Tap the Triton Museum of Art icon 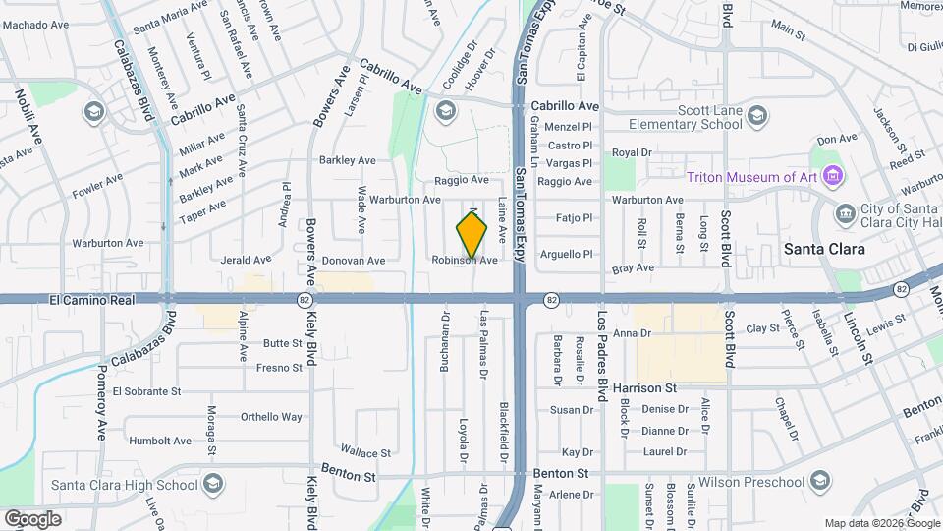click(834, 177)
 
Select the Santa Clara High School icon click(213, 483)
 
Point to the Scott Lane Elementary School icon click(756, 118)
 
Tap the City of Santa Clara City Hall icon click(844, 212)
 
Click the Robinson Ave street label click(465, 261)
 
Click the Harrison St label click(649, 388)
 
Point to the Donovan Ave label click(354, 261)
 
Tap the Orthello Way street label click(272, 416)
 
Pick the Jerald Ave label click(246, 261)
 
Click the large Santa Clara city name click(824, 250)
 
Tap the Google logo click(33, 518)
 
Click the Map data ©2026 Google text click(881, 523)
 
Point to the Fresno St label click(278, 368)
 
